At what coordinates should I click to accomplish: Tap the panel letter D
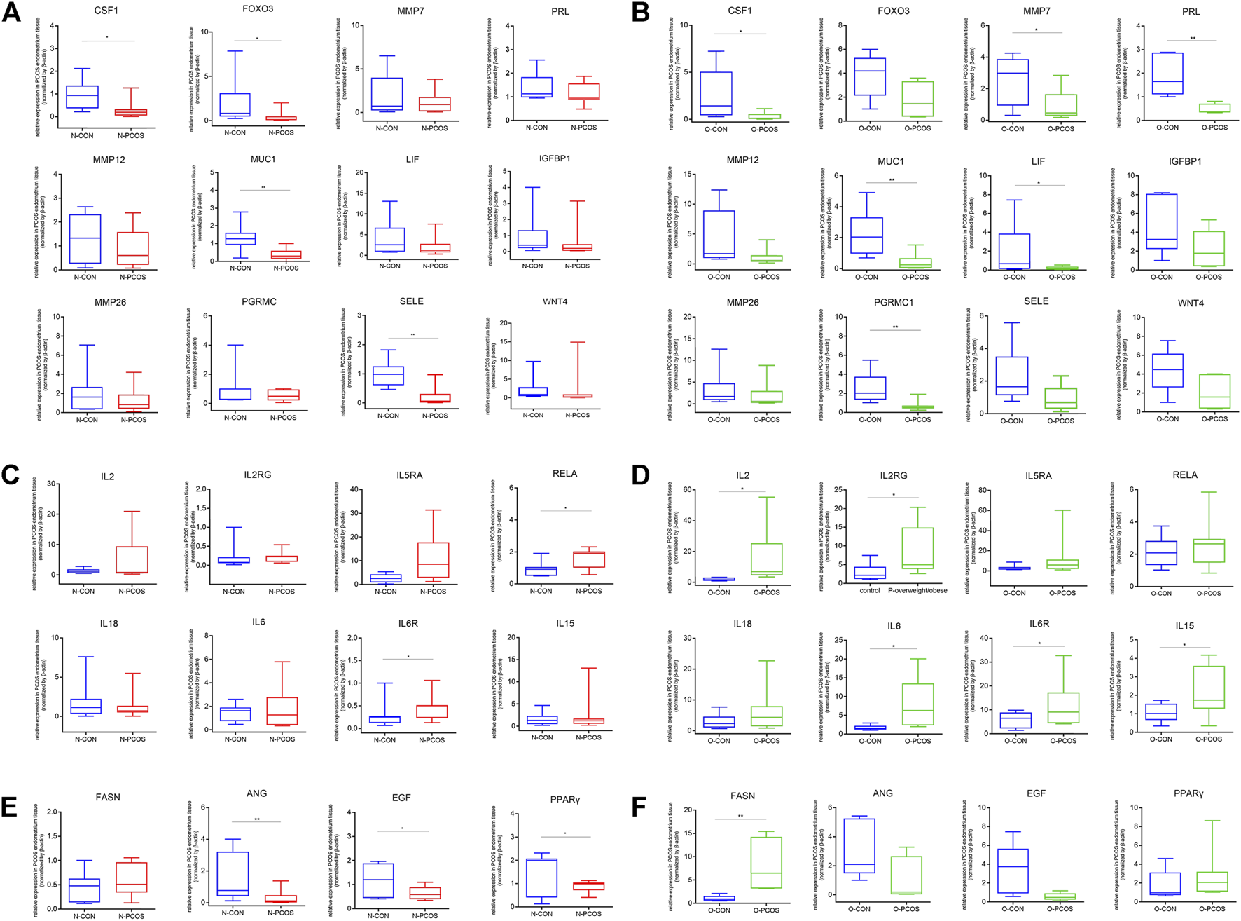640,475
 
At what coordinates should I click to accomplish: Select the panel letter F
638,806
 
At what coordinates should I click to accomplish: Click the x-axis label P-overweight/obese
917,590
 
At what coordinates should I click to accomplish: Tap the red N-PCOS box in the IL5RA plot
433,559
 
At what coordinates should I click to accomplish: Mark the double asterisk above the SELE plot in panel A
412,335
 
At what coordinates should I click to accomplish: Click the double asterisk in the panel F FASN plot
740,816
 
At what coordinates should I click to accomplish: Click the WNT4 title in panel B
1190,303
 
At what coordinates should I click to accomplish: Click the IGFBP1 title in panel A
555,158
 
